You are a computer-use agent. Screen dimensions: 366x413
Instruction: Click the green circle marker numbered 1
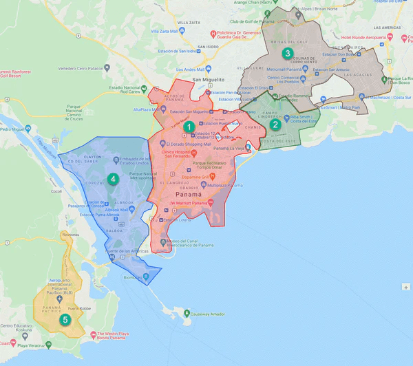click(188, 127)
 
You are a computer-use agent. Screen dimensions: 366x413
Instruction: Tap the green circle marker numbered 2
click(275, 125)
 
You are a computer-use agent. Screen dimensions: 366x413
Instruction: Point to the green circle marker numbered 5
click(65, 319)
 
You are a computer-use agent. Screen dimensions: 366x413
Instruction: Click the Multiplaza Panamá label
click(211, 186)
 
